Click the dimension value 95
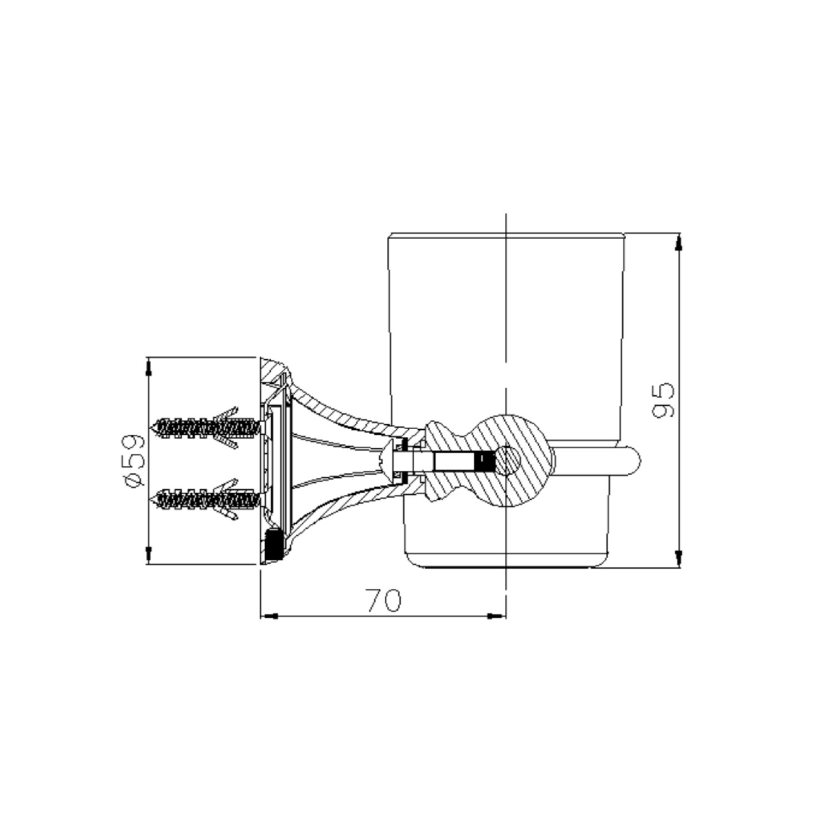click(665, 399)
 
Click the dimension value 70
click(383, 600)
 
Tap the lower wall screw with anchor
click(206, 499)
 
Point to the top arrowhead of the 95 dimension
click(678, 244)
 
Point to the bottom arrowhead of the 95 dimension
click(678, 558)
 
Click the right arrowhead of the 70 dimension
click(497, 616)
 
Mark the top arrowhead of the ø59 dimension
click(148, 367)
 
